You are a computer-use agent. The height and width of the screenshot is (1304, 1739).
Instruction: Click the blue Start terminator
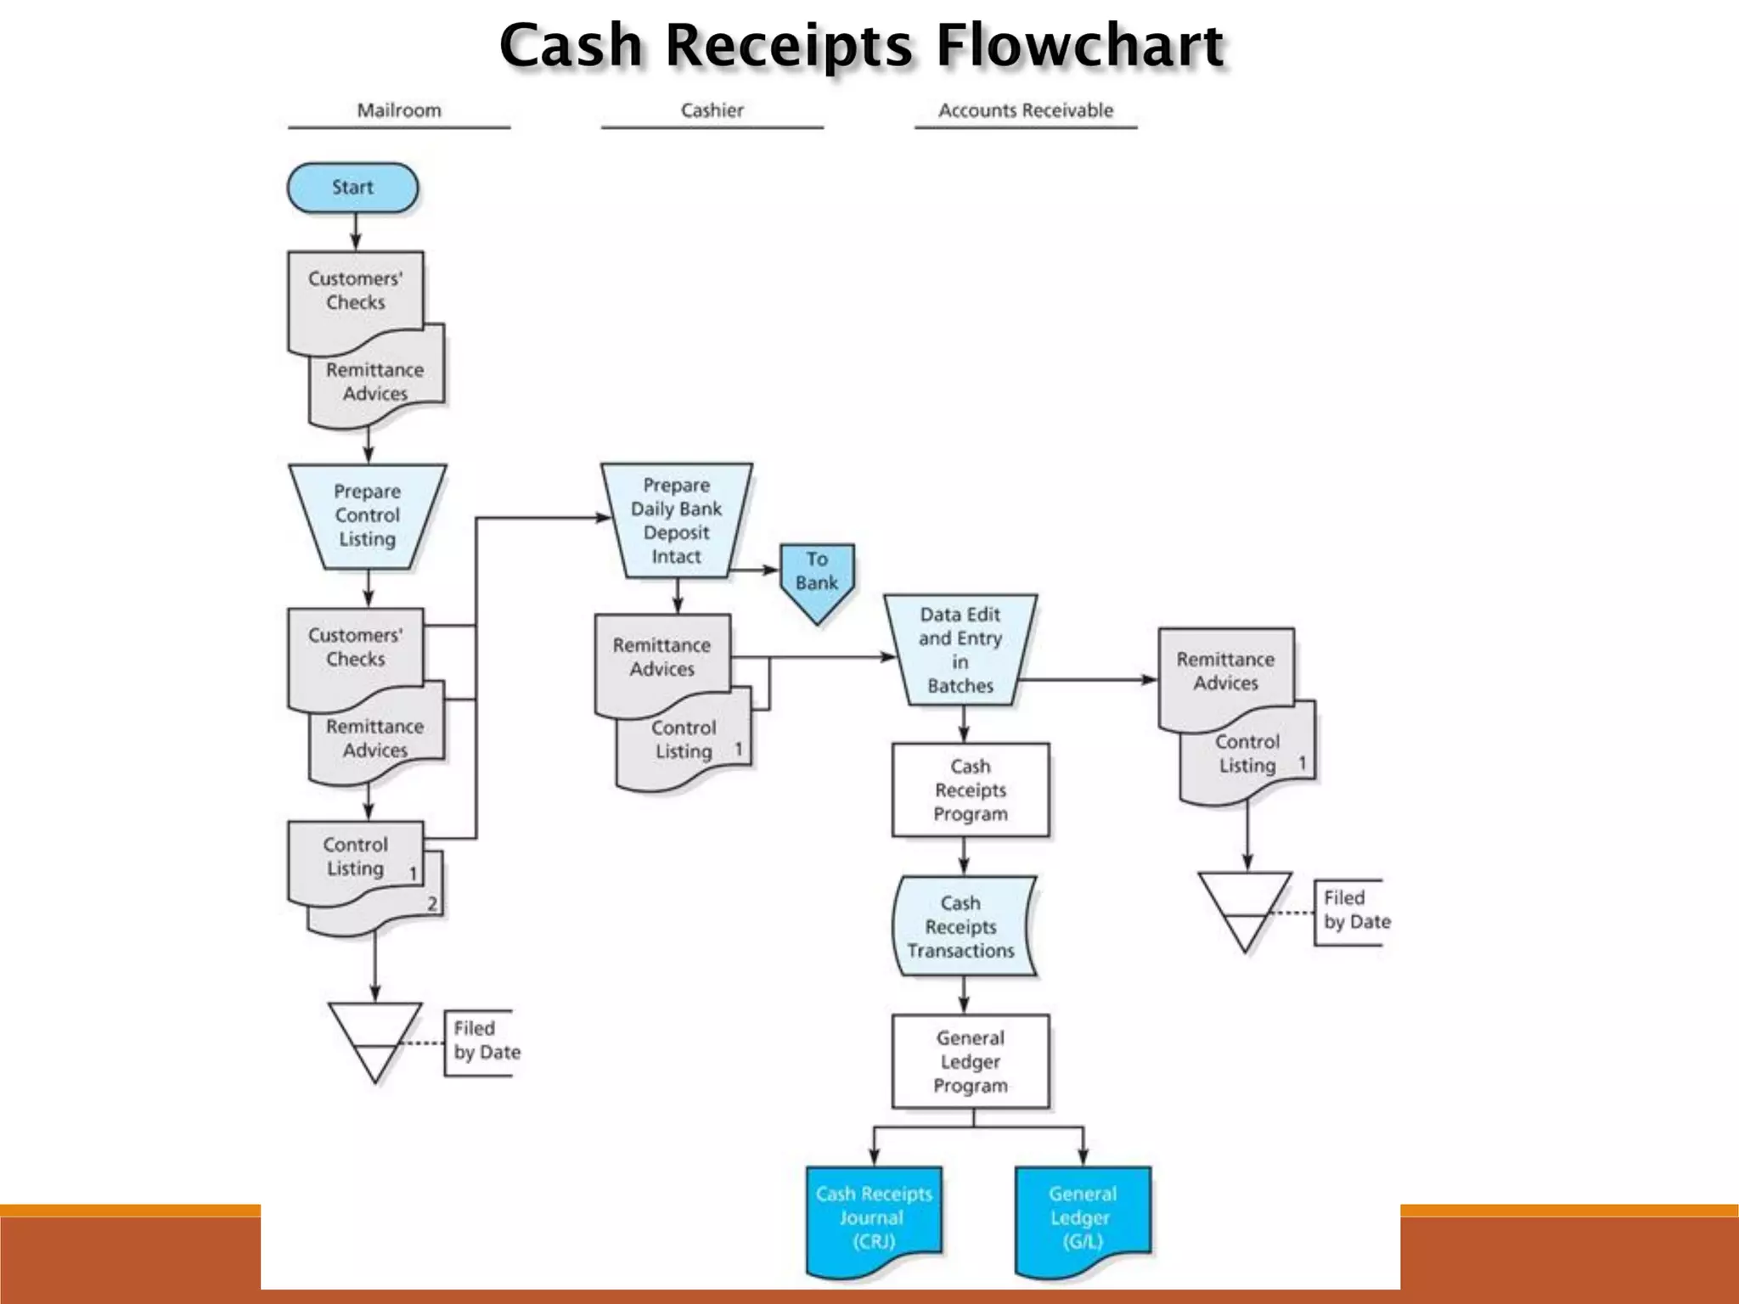(x=352, y=188)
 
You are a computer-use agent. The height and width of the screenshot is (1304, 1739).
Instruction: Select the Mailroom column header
(x=399, y=110)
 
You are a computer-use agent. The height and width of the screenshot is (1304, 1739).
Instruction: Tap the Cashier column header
(x=712, y=110)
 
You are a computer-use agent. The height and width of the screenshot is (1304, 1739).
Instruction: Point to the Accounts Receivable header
(x=1025, y=110)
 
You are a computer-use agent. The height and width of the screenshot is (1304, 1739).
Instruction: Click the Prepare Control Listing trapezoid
(x=367, y=515)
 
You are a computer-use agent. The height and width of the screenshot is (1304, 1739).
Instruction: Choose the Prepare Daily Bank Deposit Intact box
(x=676, y=520)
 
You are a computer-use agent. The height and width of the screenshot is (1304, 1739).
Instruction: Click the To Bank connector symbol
(x=817, y=577)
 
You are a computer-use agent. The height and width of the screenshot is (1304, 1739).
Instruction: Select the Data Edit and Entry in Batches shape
(x=960, y=649)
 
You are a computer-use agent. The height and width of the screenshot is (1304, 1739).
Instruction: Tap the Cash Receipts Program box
(x=970, y=790)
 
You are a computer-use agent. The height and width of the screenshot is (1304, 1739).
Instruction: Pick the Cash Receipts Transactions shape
(x=961, y=926)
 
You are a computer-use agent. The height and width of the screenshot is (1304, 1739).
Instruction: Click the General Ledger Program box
(x=970, y=1061)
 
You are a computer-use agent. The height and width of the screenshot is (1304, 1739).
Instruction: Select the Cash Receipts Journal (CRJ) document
(x=874, y=1217)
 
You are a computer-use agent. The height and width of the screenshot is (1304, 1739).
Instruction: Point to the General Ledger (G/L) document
(x=1082, y=1217)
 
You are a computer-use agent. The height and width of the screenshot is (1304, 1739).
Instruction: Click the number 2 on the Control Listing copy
(x=432, y=904)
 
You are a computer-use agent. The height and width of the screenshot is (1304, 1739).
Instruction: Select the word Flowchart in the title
(x=1079, y=46)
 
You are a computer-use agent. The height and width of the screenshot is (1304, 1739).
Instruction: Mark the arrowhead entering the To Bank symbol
(x=773, y=570)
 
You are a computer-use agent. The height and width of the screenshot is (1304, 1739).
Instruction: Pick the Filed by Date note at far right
(x=1356, y=910)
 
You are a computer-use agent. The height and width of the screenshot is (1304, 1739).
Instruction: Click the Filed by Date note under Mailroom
(x=486, y=1041)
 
